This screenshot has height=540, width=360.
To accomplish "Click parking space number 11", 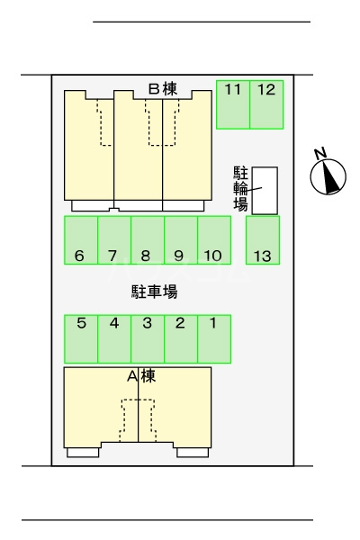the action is pos(233,104).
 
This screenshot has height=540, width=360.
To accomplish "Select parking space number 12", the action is pos(266,104).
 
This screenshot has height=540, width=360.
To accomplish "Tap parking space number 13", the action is pos(263,240).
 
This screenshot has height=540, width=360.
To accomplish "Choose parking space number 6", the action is pos(81,240).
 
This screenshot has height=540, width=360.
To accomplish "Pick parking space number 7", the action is pos(114,240).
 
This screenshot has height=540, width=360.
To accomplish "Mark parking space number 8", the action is pos(148,240).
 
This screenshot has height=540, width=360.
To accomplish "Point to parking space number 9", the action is pos(181,240).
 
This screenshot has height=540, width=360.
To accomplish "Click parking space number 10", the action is pos(214,240).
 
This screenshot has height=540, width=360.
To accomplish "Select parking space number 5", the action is pos(81,339).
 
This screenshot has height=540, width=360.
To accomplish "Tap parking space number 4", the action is pos(114,339).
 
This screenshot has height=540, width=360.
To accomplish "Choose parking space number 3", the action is pos(148,339).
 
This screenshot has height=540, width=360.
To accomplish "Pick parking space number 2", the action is pos(181,339).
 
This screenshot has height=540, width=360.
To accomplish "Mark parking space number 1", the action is pos(214,339).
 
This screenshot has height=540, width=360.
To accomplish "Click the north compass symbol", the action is pos(328,176).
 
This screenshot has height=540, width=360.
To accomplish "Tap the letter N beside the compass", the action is pos(320,153).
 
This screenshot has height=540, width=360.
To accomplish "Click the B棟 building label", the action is pos(163,89).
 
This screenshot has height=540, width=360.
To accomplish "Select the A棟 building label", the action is pos(141,376).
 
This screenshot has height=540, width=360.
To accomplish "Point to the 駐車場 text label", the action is pos(154,292).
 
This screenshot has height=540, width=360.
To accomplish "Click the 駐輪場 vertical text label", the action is pos(240,189).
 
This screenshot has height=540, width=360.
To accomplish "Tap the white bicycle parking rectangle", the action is pos(265,191).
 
